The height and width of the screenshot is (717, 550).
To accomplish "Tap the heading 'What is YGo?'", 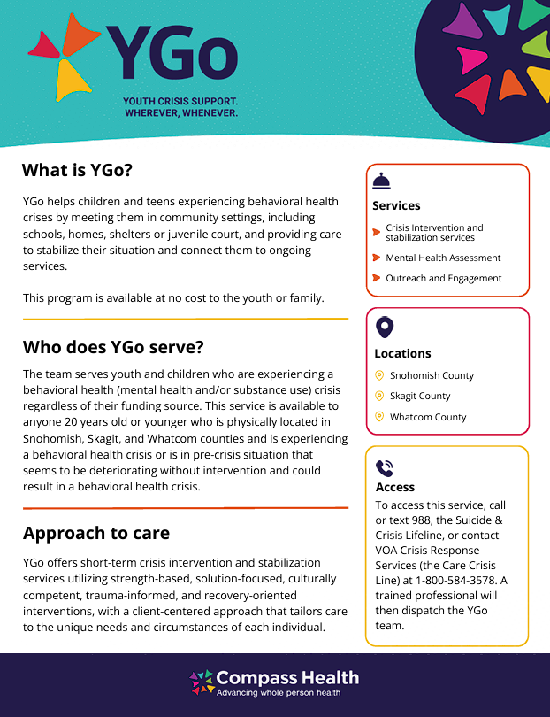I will (77, 170).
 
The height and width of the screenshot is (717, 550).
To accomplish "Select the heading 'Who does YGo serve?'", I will (113, 346).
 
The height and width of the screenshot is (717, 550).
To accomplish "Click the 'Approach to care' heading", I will (96, 533).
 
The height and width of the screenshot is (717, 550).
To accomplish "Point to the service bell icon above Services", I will (381, 181).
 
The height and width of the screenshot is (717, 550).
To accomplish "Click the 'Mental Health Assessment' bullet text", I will (443, 258).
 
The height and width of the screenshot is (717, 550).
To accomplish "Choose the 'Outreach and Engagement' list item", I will (443, 278).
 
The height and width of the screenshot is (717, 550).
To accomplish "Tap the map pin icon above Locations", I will (385, 328).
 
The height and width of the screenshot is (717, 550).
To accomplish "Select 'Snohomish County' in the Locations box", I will (432, 375).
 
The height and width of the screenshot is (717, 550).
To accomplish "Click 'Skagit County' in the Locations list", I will (420, 396).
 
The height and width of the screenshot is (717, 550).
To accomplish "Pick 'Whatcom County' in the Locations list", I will (428, 417).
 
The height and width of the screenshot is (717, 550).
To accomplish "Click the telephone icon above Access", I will (384, 468).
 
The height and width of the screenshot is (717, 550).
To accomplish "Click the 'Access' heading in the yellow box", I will (395, 487).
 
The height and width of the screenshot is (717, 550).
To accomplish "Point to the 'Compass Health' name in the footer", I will (287, 678).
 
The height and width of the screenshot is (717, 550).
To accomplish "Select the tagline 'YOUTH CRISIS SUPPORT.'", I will (180, 102).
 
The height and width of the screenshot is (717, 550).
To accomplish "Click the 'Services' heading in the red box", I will (396, 205).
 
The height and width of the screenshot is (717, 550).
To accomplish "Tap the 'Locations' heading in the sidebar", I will (402, 353).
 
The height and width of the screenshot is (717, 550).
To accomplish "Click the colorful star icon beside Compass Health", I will (202, 682).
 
